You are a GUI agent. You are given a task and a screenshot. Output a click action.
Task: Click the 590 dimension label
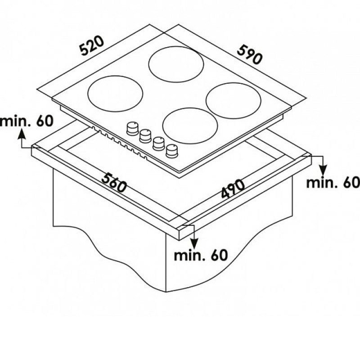[249, 55]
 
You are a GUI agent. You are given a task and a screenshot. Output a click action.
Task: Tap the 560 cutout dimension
[114, 183]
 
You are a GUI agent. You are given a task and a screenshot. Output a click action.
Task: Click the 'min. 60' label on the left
[27, 121]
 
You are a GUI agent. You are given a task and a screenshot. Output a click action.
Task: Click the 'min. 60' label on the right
[333, 183]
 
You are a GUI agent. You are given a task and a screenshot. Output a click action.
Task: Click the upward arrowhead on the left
[21, 134]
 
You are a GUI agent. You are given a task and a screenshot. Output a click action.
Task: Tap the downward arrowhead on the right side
[323, 171]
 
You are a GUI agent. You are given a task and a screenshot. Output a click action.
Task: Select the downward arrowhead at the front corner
[194, 243]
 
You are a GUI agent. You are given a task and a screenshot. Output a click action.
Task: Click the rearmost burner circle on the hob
[176, 64]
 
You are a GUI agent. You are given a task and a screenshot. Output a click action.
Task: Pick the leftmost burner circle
[115, 94]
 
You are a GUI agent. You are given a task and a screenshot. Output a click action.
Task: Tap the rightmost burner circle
[234, 100]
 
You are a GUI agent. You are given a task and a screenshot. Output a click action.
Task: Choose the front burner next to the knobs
[190, 126]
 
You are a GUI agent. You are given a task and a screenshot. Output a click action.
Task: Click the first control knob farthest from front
[132, 128]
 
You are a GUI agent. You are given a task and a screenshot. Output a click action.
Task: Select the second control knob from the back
[145, 136]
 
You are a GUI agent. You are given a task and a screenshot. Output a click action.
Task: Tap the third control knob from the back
[159, 144]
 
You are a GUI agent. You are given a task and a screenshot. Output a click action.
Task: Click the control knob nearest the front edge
[172, 151]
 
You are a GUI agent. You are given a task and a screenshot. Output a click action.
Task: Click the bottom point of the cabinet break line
[166, 292]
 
